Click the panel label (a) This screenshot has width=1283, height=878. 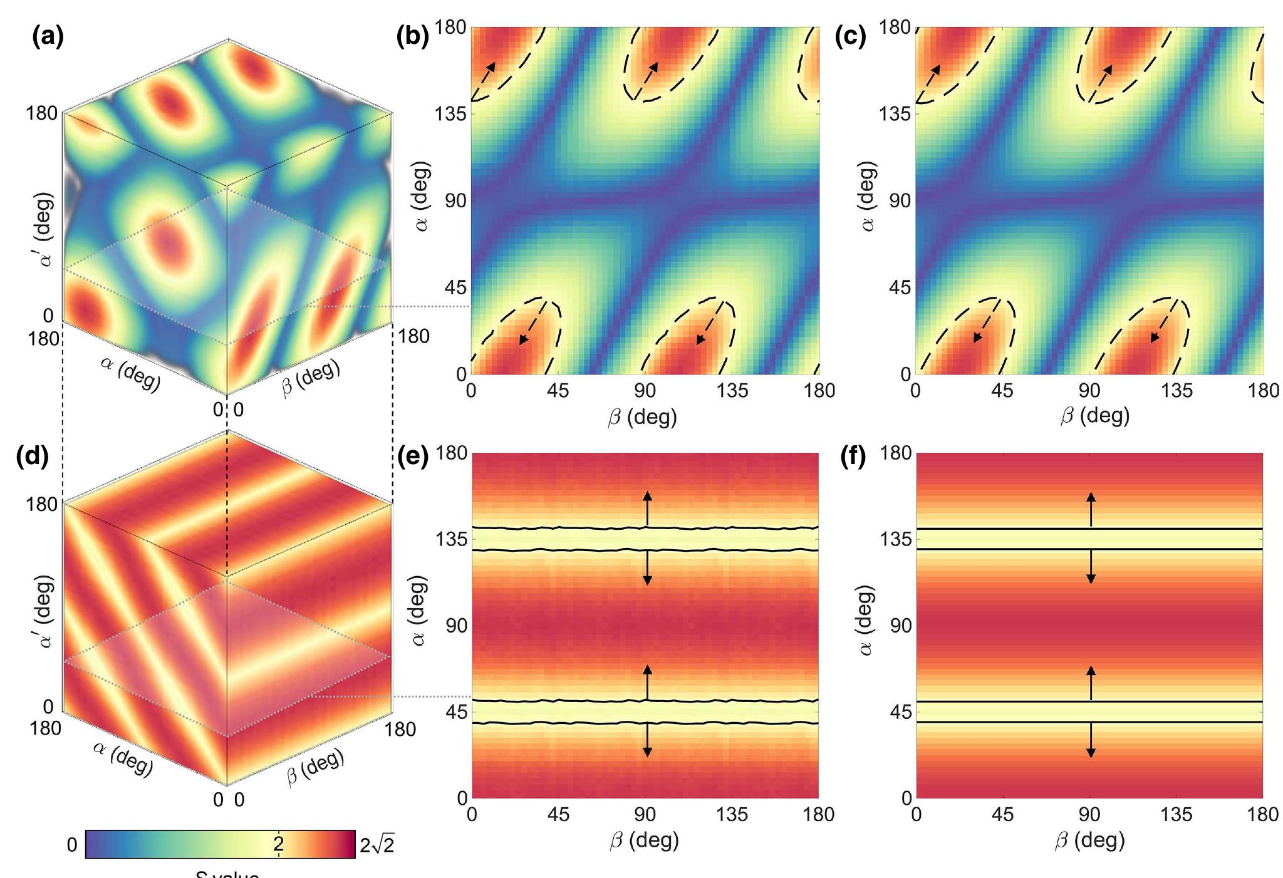[x=48, y=38]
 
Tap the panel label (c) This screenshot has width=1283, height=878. [x=850, y=38]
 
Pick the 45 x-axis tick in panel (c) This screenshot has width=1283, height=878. [x=1002, y=391]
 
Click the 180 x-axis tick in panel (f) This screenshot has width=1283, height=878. [x=1262, y=814]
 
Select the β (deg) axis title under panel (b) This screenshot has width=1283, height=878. [x=642, y=416]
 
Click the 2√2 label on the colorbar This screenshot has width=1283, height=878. [x=377, y=845]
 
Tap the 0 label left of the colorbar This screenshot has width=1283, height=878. [x=72, y=845]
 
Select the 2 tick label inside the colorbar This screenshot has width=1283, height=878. [x=278, y=844]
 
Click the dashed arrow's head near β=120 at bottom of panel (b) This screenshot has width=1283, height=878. [x=700, y=340]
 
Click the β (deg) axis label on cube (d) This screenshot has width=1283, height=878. [x=315, y=766]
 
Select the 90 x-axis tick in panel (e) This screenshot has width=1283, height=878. [x=645, y=814]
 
